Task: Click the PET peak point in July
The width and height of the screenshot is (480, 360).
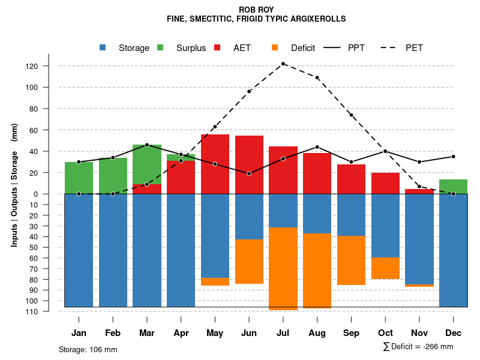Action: coord(283,64)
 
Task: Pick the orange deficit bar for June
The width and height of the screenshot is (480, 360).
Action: coord(249,262)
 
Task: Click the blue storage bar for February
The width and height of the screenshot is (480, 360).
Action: coord(113,250)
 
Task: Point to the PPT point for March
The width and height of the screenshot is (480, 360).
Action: coord(147,145)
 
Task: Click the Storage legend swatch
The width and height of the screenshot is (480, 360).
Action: coord(103,48)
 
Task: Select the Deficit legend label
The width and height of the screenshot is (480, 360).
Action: coord(303,48)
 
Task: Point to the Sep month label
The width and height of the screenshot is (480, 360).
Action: coord(352,333)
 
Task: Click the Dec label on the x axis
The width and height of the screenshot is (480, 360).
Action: coord(454,333)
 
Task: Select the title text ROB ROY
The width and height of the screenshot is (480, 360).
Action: coord(256,10)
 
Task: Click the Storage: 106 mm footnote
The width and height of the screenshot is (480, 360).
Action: coord(88,349)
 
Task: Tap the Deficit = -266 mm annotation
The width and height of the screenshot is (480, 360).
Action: coord(418,347)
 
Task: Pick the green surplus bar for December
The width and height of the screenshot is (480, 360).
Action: coord(454,187)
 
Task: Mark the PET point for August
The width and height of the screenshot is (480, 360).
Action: coord(317,77)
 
